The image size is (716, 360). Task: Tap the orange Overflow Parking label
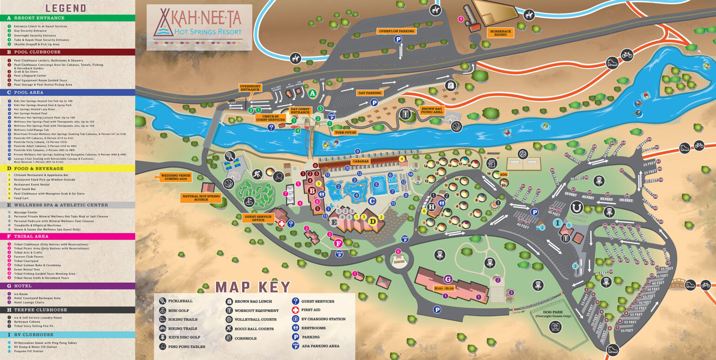click(x=396, y=31)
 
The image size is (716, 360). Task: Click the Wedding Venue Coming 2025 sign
click(x=176, y=177)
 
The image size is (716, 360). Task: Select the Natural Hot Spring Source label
click(x=200, y=197)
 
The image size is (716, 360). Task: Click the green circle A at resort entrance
click(x=313, y=93)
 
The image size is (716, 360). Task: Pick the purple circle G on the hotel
click(x=447, y=279)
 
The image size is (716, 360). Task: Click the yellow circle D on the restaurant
click(x=373, y=222)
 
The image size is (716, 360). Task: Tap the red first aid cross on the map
click(x=282, y=224)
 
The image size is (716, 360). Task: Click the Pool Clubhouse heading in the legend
click(x=37, y=52)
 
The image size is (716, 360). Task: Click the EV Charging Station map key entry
click(x=323, y=319)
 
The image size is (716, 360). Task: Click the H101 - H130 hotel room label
click(x=444, y=288)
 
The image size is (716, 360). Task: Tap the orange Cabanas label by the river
click(x=360, y=161)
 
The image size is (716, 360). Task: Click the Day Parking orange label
click(x=369, y=93)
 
